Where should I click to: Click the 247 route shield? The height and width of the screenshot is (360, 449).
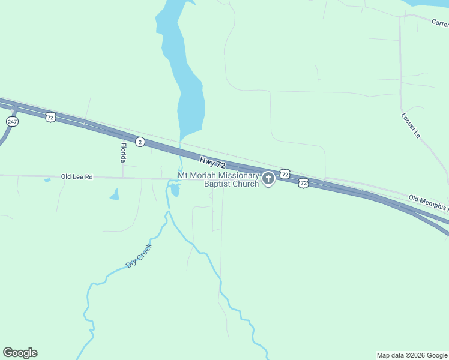[13, 121]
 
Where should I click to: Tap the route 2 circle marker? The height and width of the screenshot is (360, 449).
[140, 142]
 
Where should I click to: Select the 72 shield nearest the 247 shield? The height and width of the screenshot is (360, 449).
[50, 117]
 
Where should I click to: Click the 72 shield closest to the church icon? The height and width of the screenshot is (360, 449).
[285, 173]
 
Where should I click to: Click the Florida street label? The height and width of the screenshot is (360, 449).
[123, 152]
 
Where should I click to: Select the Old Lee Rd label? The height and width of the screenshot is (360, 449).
[77, 177]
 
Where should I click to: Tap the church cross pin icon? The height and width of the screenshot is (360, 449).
[268, 178]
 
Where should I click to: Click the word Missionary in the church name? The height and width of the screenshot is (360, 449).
[238, 176]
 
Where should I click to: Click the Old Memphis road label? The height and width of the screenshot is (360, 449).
[428, 203]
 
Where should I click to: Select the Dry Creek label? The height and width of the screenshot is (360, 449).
[139, 255]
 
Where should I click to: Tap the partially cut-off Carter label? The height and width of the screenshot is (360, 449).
[440, 23]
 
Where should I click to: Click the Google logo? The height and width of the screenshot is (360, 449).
[20, 353]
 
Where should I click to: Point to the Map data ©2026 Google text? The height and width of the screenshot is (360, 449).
[412, 355]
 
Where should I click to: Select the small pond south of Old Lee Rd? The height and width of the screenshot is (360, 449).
[114, 194]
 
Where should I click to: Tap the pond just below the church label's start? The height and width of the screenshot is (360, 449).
[175, 190]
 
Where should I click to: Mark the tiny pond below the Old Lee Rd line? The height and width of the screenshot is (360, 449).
[47, 180]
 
